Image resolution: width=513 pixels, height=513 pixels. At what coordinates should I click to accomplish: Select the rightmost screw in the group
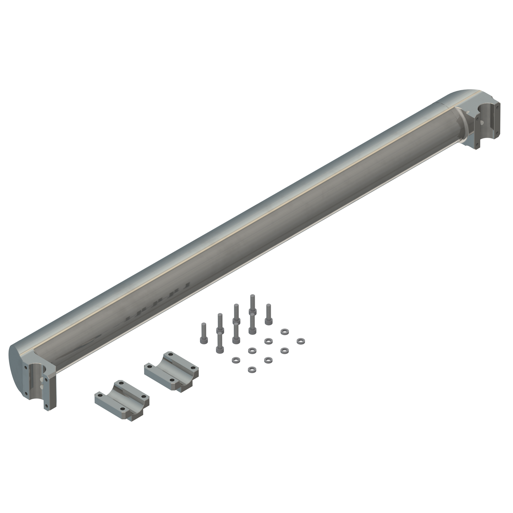click(268, 314)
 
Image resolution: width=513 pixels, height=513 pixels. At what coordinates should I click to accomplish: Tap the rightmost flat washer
click(300, 341)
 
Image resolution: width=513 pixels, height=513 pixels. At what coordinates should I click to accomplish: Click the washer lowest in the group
click(252, 370)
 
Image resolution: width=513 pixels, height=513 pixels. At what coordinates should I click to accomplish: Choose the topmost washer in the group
click(284, 332)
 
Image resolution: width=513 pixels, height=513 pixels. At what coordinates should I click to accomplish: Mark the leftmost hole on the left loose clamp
click(100, 395)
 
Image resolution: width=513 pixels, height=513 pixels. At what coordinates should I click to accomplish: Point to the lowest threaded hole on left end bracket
click(45, 406)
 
